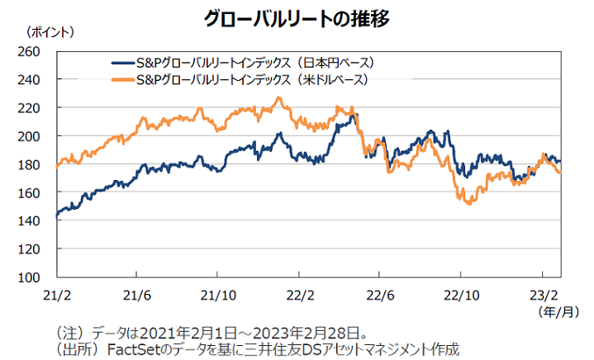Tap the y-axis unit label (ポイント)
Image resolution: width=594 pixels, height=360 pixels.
coord(50,33)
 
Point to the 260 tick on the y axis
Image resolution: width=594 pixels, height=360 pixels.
coord(30,51)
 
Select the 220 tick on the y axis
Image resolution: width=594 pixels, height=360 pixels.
coord(30,108)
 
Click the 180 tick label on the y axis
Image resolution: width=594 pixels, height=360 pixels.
coord(30,164)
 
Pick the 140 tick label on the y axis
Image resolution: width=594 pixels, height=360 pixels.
coord(30,221)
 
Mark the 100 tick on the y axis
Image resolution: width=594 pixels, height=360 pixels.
coord(30,277)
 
